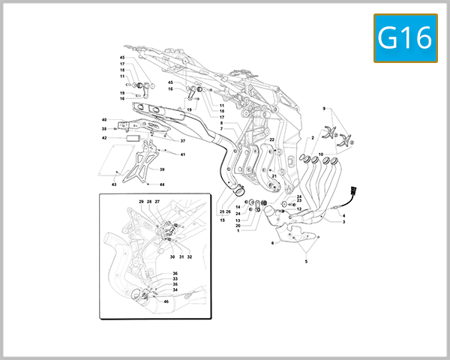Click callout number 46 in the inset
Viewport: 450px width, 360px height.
(166, 301)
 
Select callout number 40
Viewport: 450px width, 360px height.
(106, 119)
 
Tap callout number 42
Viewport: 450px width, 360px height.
(104, 137)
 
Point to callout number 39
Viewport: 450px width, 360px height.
(162, 169)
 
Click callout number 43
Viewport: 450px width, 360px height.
(115, 184)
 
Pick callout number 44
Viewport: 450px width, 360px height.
(162, 184)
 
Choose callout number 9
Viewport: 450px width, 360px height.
(325, 109)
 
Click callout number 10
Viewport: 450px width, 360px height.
(321, 154)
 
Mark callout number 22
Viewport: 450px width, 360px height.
(272, 139)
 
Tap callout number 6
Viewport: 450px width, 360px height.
(272, 243)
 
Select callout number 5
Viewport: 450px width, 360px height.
(306, 261)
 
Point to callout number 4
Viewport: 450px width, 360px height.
(343, 216)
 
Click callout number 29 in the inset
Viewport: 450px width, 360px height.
(140, 202)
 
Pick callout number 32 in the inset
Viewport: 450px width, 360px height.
(190, 256)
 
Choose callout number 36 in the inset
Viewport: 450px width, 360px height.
(175, 274)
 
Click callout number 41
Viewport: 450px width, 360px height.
(182, 154)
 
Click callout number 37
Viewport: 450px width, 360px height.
(182, 140)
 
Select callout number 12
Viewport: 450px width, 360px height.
(299, 208)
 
